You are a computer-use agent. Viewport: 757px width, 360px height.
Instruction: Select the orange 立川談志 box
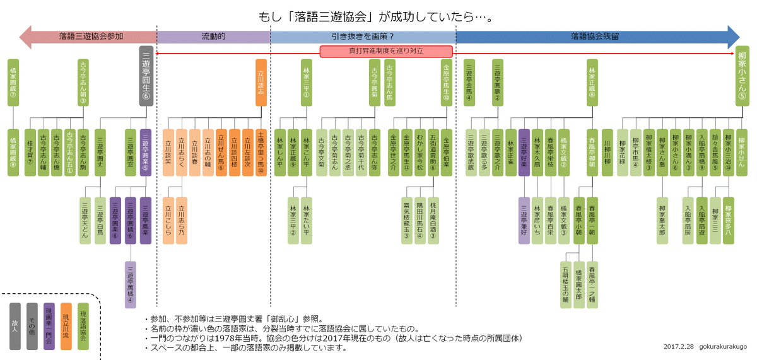click(261, 82)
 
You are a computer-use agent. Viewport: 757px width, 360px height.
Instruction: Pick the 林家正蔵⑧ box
click(591, 82)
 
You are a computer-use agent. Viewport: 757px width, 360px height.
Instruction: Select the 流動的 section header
click(213, 37)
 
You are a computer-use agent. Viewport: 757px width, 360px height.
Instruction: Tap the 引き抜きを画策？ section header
click(362, 37)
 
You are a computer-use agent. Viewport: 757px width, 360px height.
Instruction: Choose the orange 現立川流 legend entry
click(66, 325)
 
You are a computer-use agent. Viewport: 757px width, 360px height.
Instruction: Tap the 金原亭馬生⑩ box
click(447, 82)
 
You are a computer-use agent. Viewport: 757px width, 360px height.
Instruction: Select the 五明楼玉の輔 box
click(565, 284)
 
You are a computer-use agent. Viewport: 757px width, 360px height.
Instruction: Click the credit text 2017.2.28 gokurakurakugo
click(704, 347)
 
